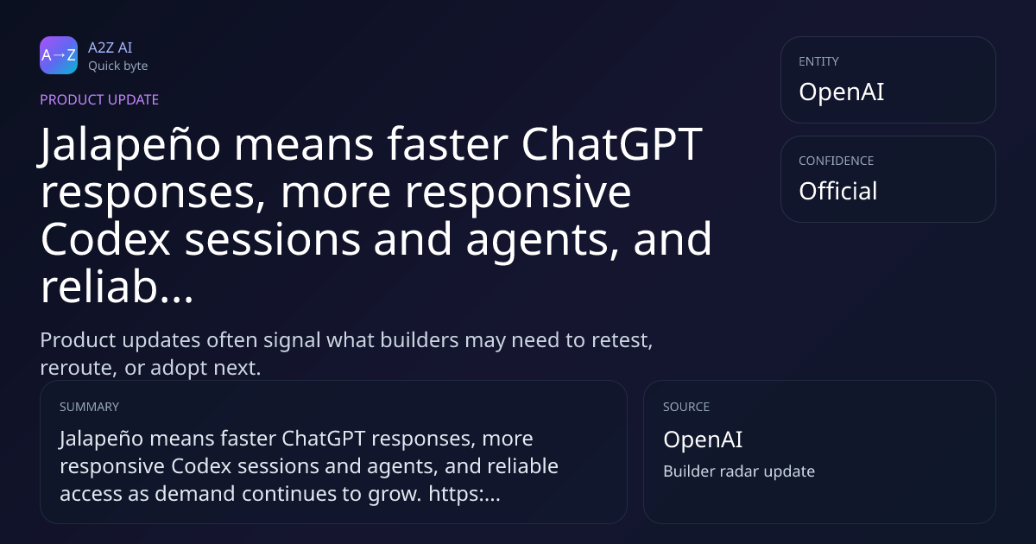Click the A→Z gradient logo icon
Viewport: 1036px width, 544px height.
pyautogui.click(x=59, y=55)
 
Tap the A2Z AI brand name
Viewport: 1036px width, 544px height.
pyautogui.click(x=111, y=47)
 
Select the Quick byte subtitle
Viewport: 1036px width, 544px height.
pyautogui.click(x=118, y=66)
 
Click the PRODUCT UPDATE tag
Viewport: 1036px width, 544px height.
pyautogui.click(x=99, y=99)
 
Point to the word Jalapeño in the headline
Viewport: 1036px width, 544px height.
pyautogui.click(x=129, y=145)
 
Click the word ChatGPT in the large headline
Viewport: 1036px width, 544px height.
pyautogui.click(x=612, y=144)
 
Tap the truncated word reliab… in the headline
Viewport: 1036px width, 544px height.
pyautogui.click(x=117, y=287)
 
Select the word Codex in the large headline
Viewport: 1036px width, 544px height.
pyautogui.click(x=105, y=238)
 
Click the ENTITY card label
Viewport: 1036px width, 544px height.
pyautogui.click(x=818, y=61)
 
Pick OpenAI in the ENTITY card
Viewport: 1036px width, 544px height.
pyautogui.click(x=841, y=92)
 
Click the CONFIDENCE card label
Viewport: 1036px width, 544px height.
pyautogui.click(x=837, y=161)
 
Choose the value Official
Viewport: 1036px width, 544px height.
pyautogui.click(x=838, y=191)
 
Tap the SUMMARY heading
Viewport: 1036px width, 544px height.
pyautogui.click(x=89, y=407)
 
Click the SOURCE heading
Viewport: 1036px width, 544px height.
pyautogui.click(x=686, y=407)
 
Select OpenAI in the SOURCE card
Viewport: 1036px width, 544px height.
pyautogui.click(x=703, y=439)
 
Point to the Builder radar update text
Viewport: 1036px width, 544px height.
pyautogui.click(x=739, y=471)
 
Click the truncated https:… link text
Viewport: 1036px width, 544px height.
pyautogui.click(x=464, y=494)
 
